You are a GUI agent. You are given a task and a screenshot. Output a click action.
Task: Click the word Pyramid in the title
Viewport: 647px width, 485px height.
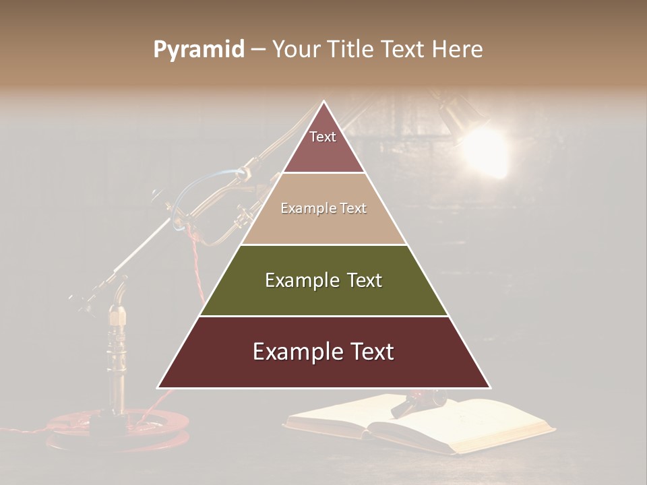click(x=198, y=50)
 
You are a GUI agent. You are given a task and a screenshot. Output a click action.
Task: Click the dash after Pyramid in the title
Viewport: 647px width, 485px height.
click(x=258, y=50)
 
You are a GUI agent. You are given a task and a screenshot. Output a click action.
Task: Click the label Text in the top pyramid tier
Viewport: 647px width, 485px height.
click(x=323, y=137)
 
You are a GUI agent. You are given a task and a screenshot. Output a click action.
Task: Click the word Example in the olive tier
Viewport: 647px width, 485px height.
click(x=299, y=280)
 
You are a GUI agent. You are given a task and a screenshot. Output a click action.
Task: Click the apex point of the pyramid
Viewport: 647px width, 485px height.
click(x=324, y=102)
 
